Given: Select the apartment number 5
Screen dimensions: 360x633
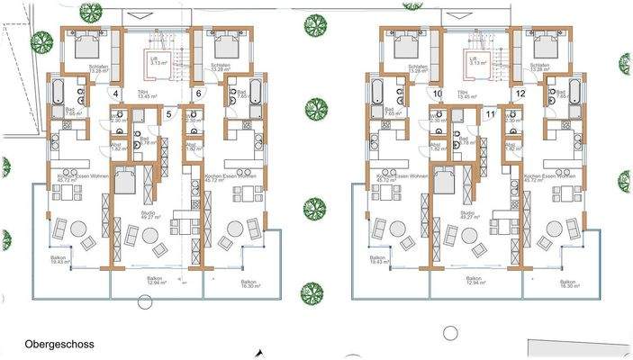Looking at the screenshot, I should [168, 113].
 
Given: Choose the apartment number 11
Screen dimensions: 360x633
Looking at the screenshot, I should [489, 113].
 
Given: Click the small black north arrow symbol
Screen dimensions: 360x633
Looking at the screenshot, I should [260, 353].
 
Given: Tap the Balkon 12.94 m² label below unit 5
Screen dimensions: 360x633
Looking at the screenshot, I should [156, 281].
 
